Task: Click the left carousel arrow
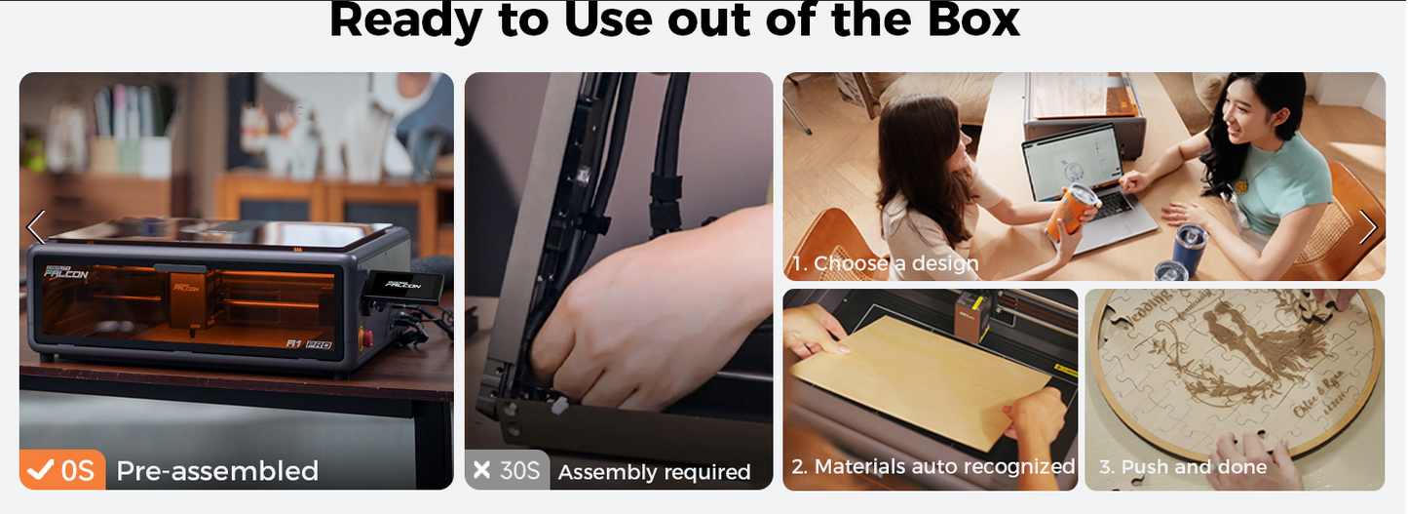(35, 227)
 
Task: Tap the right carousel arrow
(1368, 227)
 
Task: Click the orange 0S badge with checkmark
(62, 471)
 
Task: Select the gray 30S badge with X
(507, 471)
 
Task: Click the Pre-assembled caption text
(217, 471)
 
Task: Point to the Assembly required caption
(654, 473)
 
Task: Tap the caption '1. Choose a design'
(885, 263)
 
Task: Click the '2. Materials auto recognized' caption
(932, 467)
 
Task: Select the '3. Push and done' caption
(1183, 467)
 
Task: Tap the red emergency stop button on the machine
(366, 338)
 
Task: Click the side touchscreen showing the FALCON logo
(404, 286)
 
